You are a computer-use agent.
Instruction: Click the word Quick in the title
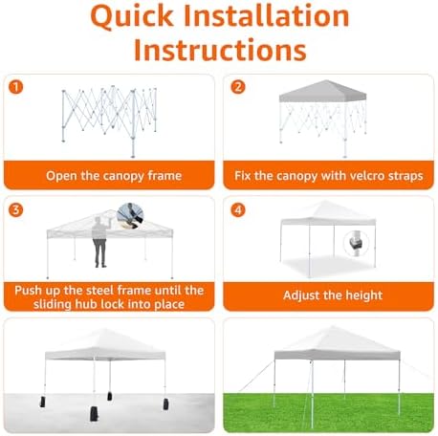coord(132,16)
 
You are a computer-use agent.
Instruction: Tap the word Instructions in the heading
coord(220,50)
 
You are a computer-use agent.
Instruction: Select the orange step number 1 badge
coord(16,87)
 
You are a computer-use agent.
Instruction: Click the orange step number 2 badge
coord(238,87)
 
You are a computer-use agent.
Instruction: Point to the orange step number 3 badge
coord(16,210)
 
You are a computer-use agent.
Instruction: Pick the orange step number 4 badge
coord(238,210)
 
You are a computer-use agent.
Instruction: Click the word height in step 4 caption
coord(364,295)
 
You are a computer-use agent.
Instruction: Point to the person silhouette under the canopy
coord(100,242)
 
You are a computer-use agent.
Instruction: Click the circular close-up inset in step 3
coord(130,215)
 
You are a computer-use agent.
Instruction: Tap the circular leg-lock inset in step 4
coord(357,244)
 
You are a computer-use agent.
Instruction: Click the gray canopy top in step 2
coord(323,91)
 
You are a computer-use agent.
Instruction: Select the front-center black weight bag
coord(94,413)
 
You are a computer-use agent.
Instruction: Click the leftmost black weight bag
coord(42,402)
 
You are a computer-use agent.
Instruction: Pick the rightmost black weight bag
coord(165,403)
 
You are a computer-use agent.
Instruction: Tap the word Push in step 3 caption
coord(28,291)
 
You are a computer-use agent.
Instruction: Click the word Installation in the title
coord(267,16)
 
